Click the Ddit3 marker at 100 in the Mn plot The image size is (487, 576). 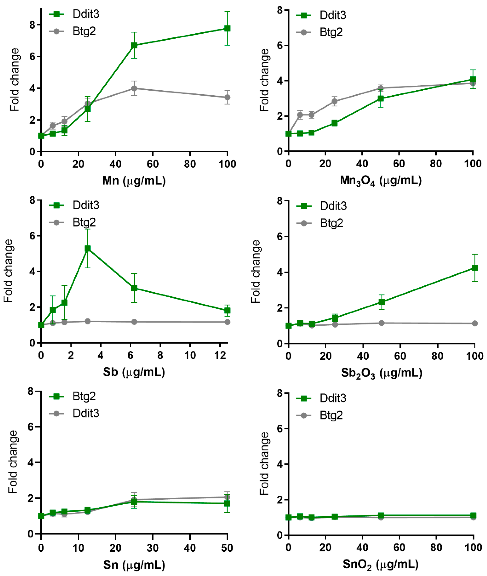tap(227, 28)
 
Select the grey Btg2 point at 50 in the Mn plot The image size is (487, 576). tap(134, 88)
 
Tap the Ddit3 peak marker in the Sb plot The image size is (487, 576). tap(88, 248)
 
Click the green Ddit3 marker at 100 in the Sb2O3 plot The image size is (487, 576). tap(475, 268)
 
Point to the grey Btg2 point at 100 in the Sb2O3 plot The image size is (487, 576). tap(475, 323)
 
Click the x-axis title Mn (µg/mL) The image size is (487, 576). tap(134, 181)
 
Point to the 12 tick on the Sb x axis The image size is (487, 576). tap(220, 355)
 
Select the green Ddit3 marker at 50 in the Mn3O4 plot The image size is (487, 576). tap(381, 98)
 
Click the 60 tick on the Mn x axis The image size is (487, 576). tap(153, 164)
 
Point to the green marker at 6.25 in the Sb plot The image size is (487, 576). tap(134, 288)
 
